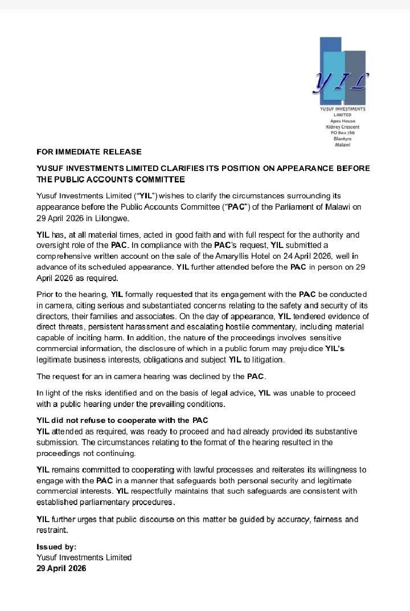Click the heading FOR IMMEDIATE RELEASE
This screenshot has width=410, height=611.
(89, 152)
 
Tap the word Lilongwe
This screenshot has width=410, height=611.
(113, 218)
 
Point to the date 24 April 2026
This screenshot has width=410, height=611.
(309, 256)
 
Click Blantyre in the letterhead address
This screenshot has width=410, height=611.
(342, 139)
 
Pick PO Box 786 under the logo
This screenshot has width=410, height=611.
(342, 133)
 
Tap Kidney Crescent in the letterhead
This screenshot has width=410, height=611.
(342, 127)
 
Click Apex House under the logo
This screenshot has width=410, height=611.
(342, 121)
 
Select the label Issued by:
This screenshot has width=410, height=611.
(56, 547)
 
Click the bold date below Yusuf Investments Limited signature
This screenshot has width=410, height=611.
(61, 568)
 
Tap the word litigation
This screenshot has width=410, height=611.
(264, 360)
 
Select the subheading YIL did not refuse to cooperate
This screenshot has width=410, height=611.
(122, 421)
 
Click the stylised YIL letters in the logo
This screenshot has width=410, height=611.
(341, 83)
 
